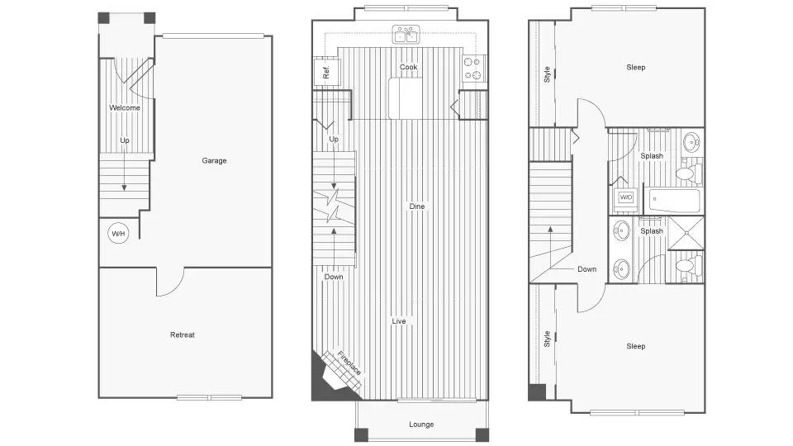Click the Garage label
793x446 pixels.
[x=214, y=160]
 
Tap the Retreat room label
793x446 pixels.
[x=183, y=334]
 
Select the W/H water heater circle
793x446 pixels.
[x=119, y=234]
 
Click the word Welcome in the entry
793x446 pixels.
[x=125, y=107]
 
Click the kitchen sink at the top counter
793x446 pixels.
[x=406, y=35]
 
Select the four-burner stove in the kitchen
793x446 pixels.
[x=474, y=69]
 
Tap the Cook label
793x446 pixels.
[x=408, y=67]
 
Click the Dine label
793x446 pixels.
[x=416, y=206]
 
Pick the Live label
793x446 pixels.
[x=399, y=320]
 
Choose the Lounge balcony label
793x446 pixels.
[x=421, y=425]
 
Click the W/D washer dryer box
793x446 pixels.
[x=626, y=197]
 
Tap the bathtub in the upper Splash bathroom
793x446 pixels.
[x=674, y=201]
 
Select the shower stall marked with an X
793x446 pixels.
[x=685, y=233]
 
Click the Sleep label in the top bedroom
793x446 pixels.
[x=635, y=67]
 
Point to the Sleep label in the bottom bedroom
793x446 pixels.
[x=635, y=346]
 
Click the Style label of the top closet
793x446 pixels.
[x=547, y=74]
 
